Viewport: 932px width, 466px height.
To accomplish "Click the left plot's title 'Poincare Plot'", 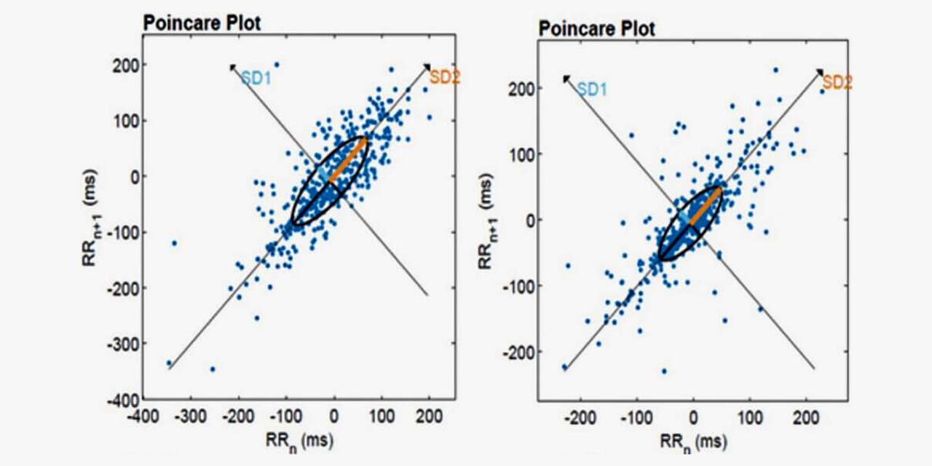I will click(x=202, y=22).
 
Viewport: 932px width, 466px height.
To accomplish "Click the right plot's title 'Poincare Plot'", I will click(x=596, y=29).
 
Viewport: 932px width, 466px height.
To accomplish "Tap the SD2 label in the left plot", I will click(x=445, y=76).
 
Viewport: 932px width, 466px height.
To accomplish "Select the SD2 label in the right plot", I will click(x=837, y=82).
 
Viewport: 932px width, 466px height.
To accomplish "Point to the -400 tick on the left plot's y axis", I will click(x=124, y=400).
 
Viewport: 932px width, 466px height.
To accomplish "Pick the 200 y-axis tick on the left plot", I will click(x=127, y=65).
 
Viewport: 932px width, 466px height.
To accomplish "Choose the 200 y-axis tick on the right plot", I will click(x=521, y=88).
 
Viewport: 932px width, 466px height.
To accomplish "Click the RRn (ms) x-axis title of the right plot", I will click(x=691, y=441).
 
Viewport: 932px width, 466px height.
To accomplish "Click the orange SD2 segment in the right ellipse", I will click(x=706, y=205).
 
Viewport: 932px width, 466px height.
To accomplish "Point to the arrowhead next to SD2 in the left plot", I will click(x=428, y=68).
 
